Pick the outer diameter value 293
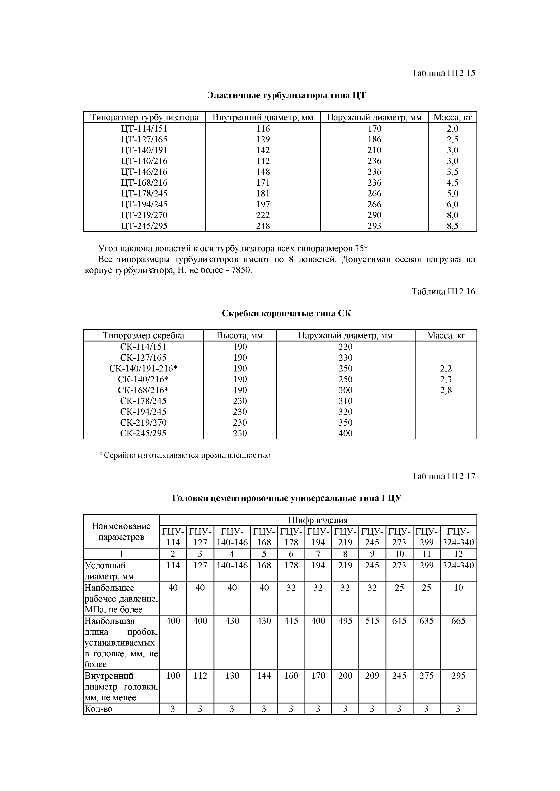[x=374, y=226]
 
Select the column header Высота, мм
[x=240, y=336]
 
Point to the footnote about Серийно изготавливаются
[x=184, y=455]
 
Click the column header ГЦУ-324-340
[x=458, y=537]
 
